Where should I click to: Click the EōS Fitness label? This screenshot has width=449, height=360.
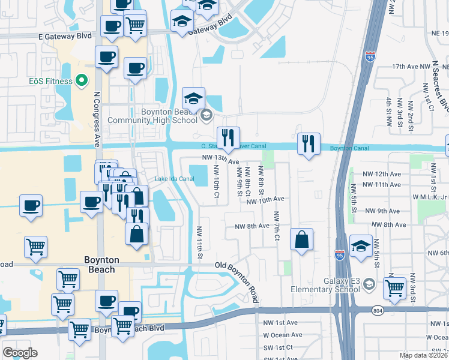pos(49,81)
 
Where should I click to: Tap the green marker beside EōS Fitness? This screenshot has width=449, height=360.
pos(82,81)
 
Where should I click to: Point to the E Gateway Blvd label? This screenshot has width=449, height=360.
pos(65,36)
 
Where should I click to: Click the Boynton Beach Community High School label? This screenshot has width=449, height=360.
pos(152,116)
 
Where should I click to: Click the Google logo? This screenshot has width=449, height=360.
pos(20,353)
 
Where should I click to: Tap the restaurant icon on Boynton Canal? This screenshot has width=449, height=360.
pos(309,143)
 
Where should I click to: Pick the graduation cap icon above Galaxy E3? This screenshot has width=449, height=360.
pos(361,246)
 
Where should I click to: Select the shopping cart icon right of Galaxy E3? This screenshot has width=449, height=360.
pos(394,287)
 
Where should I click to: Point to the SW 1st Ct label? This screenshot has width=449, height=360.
pos(277,347)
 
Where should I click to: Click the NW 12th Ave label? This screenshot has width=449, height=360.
pos(381,173)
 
